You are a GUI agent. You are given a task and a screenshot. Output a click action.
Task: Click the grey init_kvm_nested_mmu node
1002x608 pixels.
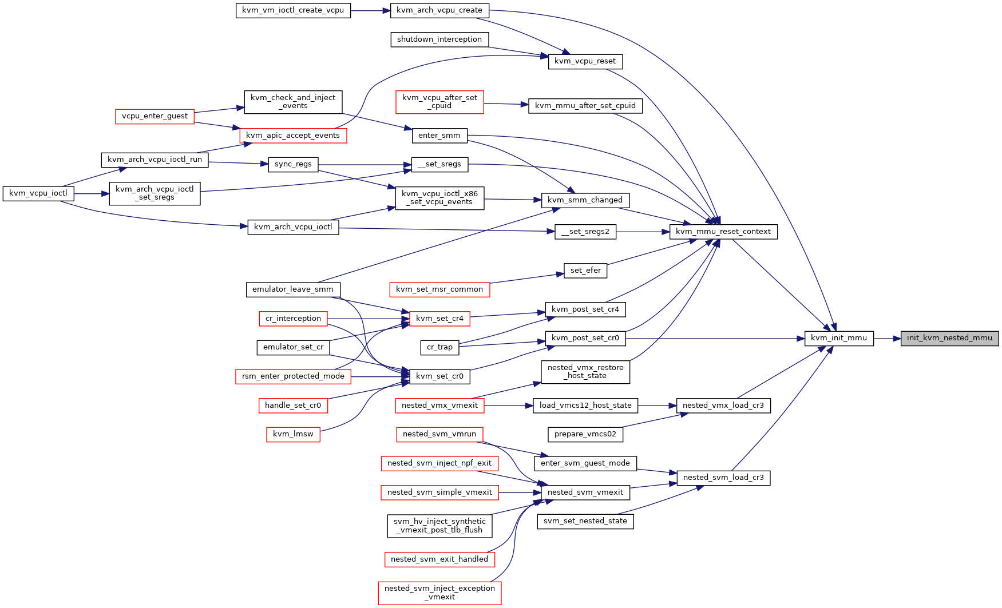tap(949, 338)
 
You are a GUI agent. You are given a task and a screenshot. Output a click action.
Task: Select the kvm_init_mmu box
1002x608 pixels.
tap(839, 338)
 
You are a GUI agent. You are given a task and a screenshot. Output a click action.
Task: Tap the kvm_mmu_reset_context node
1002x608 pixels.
tap(723, 232)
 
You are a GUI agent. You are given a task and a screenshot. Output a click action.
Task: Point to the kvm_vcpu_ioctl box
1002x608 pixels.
tap(38, 193)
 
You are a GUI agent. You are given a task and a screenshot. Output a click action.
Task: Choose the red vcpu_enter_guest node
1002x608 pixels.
tap(155, 116)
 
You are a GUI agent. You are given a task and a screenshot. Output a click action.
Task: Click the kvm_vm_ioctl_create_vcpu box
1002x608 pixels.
tap(293, 10)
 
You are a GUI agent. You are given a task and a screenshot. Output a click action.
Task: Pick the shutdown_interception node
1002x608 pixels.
tap(439, 39)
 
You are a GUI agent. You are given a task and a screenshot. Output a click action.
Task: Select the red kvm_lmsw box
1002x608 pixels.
tap(293, 434)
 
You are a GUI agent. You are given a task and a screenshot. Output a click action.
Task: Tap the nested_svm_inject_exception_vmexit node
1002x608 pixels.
tap(439, 593)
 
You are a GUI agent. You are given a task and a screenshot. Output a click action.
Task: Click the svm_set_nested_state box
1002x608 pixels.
tap(585, 521)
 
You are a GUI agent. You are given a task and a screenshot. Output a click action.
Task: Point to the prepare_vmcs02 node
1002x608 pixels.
tap(585, 434)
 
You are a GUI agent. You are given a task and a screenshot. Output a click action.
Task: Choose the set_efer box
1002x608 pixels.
tap(585, 271)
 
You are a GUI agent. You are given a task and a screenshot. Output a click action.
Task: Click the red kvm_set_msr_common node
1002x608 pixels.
tap(439, 289)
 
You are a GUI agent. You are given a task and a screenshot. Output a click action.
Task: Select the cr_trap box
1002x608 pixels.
tap(439, 347)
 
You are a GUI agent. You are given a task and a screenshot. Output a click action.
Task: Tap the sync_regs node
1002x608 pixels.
tap(293, 164)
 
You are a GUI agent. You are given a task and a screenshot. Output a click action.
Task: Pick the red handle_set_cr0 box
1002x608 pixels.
tap(293, 406)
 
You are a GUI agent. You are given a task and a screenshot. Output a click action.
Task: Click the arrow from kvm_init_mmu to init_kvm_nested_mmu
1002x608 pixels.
tap(887, 339)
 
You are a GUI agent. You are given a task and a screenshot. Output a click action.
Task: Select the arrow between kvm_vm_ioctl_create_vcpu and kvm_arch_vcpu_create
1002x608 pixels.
tap(370, 10)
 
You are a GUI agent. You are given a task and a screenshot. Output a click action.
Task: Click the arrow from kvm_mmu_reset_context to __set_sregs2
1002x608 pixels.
tap(643, 232)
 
